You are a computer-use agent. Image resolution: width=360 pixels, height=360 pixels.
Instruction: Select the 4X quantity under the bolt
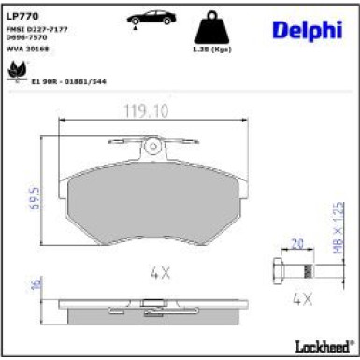tap(301, 300)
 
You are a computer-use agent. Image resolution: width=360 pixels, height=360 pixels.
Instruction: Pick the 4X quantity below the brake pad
tap(159, 273)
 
